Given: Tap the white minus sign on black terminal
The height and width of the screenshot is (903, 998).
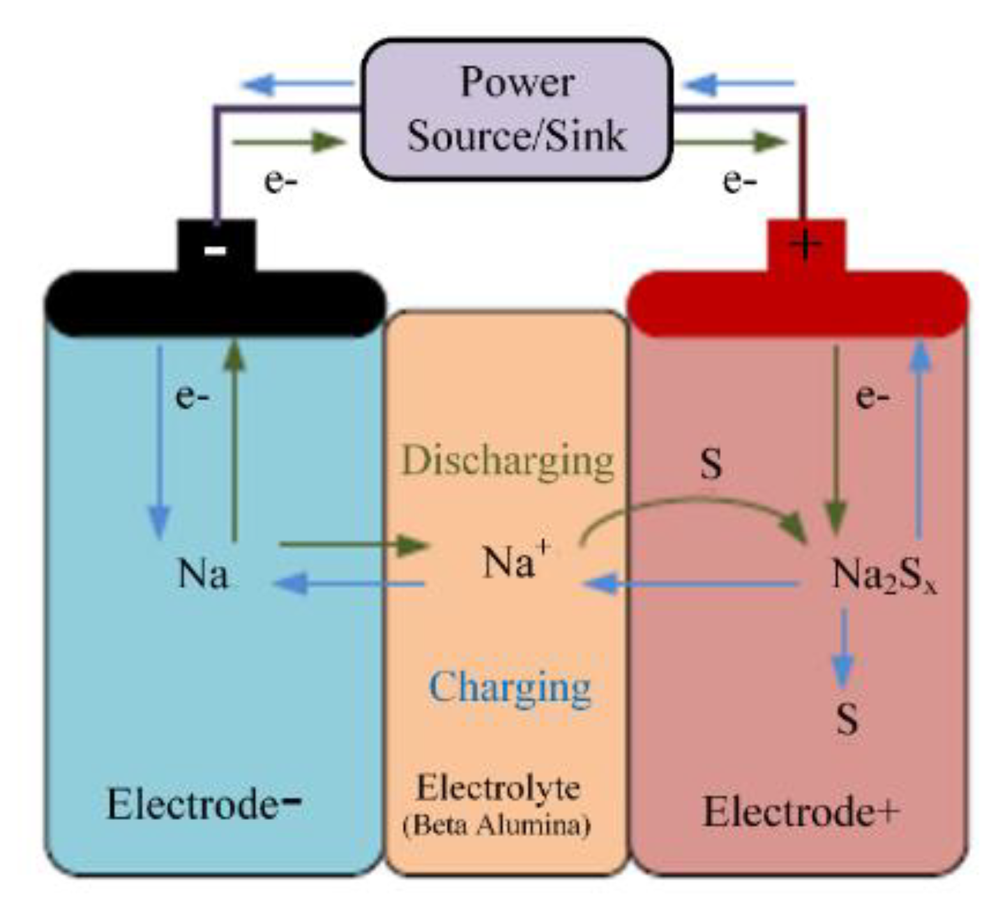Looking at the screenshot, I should (215, 250).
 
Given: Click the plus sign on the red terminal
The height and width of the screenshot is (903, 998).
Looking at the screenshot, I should (805, 243).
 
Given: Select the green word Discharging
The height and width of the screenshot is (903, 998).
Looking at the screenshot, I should (508, 461).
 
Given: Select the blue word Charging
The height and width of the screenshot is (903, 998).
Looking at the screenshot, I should (510, 688).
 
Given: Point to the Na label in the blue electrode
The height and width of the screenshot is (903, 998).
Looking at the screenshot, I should (202, 574).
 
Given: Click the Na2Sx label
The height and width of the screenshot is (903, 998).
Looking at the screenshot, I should (884, 575).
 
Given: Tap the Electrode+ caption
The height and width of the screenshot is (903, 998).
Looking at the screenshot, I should (801, 812).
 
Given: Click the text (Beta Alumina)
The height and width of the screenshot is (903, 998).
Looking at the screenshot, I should (497, 826).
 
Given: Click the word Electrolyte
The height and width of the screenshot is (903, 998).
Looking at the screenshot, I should (498, 788).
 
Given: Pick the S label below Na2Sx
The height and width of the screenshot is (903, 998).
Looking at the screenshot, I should (847, 720).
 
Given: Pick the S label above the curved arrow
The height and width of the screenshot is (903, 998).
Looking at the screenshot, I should (711, 464).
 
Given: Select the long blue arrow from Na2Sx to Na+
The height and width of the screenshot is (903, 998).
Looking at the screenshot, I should (690, 583).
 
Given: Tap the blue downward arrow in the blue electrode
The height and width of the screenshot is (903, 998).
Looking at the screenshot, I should (159, 441).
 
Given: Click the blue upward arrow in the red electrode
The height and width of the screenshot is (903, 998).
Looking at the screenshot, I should (919, 441).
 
